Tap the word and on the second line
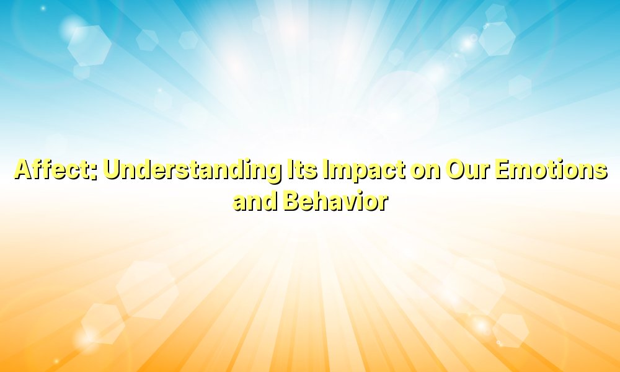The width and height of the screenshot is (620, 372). pyautogui.click(x=255, y=201)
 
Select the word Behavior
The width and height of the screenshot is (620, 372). pyautogui.click(x=335, y=201)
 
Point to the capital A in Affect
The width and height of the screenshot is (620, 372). pyautogui.click(x=23, y=170)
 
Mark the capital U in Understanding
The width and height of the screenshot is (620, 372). pyautogui.click(x=112, y=170)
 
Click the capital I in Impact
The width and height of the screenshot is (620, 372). pyautogui.click(x=324, y=170)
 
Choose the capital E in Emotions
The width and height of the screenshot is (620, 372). pyautogui.click(x=502, y=170)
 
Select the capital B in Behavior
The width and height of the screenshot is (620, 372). pyautogui.click(x=291, y=201)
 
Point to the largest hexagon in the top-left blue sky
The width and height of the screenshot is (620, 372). pyautogui.click(x=89, y=44)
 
